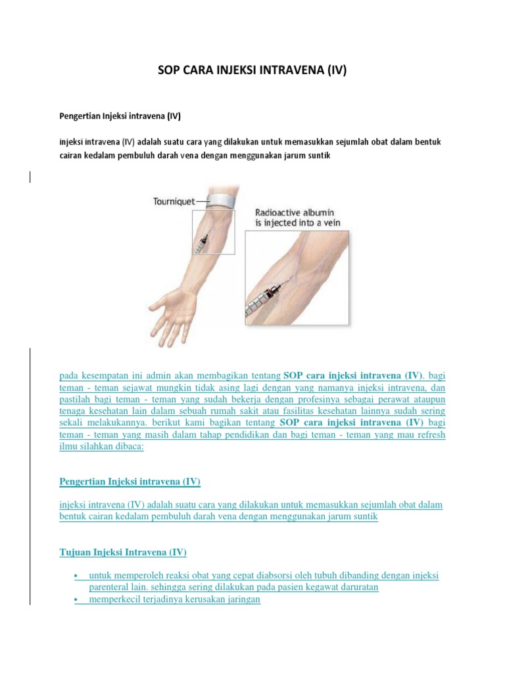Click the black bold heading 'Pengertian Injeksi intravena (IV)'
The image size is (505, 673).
[x=120, y=116]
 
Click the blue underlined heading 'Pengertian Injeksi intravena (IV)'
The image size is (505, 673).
[x=130, y=482]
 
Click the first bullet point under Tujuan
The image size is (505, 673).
[x=77, y=576]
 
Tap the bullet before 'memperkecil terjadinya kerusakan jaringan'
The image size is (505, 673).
[x=77, y=599]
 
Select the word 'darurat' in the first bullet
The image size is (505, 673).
[x=363, y=588]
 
